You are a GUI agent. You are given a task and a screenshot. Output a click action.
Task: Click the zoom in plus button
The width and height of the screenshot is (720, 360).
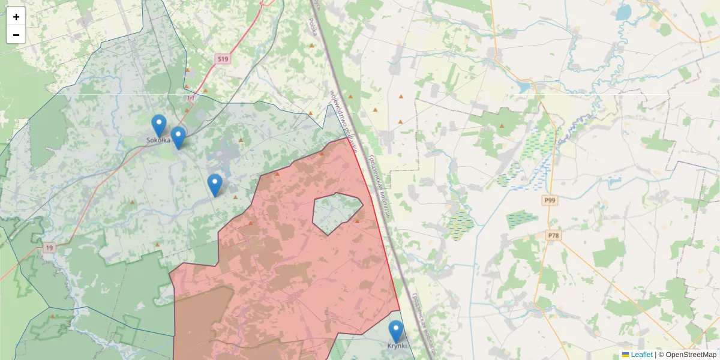16,17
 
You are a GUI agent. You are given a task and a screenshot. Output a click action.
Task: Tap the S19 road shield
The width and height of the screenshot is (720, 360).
223,59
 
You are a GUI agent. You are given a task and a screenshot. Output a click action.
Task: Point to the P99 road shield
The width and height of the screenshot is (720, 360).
549,200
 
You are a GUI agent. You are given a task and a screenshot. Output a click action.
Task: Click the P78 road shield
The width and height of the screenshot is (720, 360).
553,236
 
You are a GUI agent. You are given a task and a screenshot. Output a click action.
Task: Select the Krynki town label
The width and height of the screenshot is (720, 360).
396,346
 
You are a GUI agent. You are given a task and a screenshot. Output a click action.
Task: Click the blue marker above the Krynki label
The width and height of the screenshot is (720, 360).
396,331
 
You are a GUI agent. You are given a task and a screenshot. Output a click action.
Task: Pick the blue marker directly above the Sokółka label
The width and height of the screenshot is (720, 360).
158,125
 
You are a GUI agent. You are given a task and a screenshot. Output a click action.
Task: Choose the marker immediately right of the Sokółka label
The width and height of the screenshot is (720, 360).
178,137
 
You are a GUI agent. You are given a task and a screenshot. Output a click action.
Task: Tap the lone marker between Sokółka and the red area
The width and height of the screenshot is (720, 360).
215,184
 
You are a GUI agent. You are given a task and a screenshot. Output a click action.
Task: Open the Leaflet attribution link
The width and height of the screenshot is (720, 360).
641,355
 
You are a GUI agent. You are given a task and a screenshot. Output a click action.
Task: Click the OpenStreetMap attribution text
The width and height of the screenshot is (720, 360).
691,355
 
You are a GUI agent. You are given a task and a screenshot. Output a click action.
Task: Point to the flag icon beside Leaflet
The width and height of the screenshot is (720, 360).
626,355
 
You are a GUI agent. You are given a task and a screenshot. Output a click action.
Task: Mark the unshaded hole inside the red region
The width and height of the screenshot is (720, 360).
336,213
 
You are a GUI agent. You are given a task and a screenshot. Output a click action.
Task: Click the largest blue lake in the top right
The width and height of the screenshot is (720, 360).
624,13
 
